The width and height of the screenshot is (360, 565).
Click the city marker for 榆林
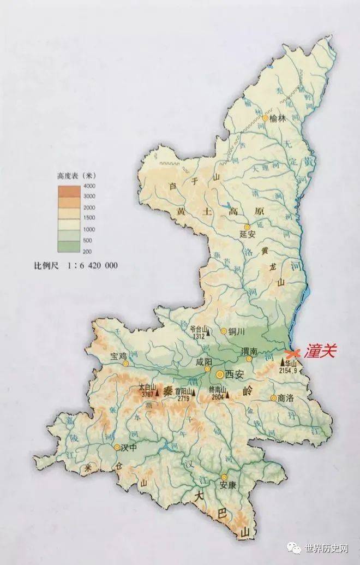click(x=265, y=118)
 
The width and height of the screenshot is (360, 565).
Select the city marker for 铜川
click(x=224, y=331)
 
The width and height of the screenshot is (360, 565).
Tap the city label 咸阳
click(x=203, y=362)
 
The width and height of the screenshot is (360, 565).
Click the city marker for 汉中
click(x=117, y=448)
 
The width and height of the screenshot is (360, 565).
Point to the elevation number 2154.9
click(x=290, y=370)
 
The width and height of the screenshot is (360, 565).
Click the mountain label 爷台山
click(x=199, y=329)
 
